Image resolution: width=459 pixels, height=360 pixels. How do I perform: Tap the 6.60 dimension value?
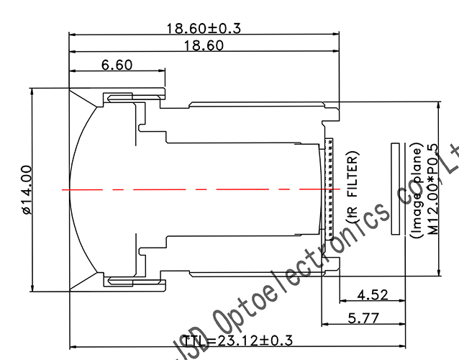[x=117, y=65]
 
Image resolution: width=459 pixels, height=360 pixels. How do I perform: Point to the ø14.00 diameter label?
[x=26, y=190]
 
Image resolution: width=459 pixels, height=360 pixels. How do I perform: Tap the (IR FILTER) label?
[x=353, y=189]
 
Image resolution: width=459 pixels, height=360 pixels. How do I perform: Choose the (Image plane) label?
[x=416, y=189]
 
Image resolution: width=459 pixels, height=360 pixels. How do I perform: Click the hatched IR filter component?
[x=330, y=189]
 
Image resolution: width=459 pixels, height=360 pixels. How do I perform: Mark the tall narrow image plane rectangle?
[x=395, y=189]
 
